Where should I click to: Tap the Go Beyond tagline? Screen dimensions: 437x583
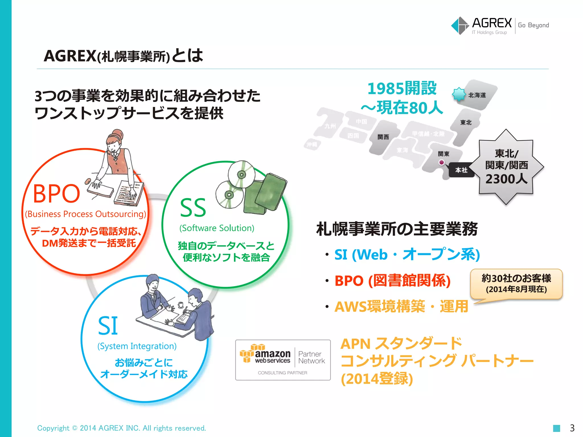pyautogui.click(x=533, y=25)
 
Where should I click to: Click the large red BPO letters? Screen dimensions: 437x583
pyautogui.click(x=56, y=194)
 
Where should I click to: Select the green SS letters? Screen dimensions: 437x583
pyautogui.click(x=193, y=208)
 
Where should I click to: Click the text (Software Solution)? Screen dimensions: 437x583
pyautogui.click(x=217, y=228)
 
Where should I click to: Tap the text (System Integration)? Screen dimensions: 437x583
pyautogui.click(x=137, y=346)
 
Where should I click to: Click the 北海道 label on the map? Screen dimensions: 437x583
pyautogui.click(x=477, y=95)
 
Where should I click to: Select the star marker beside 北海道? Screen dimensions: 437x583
pyautogui.click(x=459, y=94)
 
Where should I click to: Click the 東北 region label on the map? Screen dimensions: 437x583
pyautogui.click(x=466, y=123)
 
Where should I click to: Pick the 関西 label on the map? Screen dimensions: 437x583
pyautogui.click(x=383, y=137)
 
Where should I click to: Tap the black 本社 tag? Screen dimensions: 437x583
pyautogui.click(x=461, y=170)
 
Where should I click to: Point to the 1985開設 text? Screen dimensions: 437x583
pyautogui.click(x=402, y=88)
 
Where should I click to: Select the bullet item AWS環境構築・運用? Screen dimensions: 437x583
pyautogui.click(x=401, y=307)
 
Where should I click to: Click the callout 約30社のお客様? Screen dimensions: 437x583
pyautogui.click(x=516, y=278)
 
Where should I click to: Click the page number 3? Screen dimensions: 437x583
pyautogui.click(x=572, y=428)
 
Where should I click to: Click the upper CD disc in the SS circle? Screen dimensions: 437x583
pyautogui.click(x=241, y=174)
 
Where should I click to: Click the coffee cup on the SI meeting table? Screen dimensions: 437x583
pyautogui.click(x=180, y=305)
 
